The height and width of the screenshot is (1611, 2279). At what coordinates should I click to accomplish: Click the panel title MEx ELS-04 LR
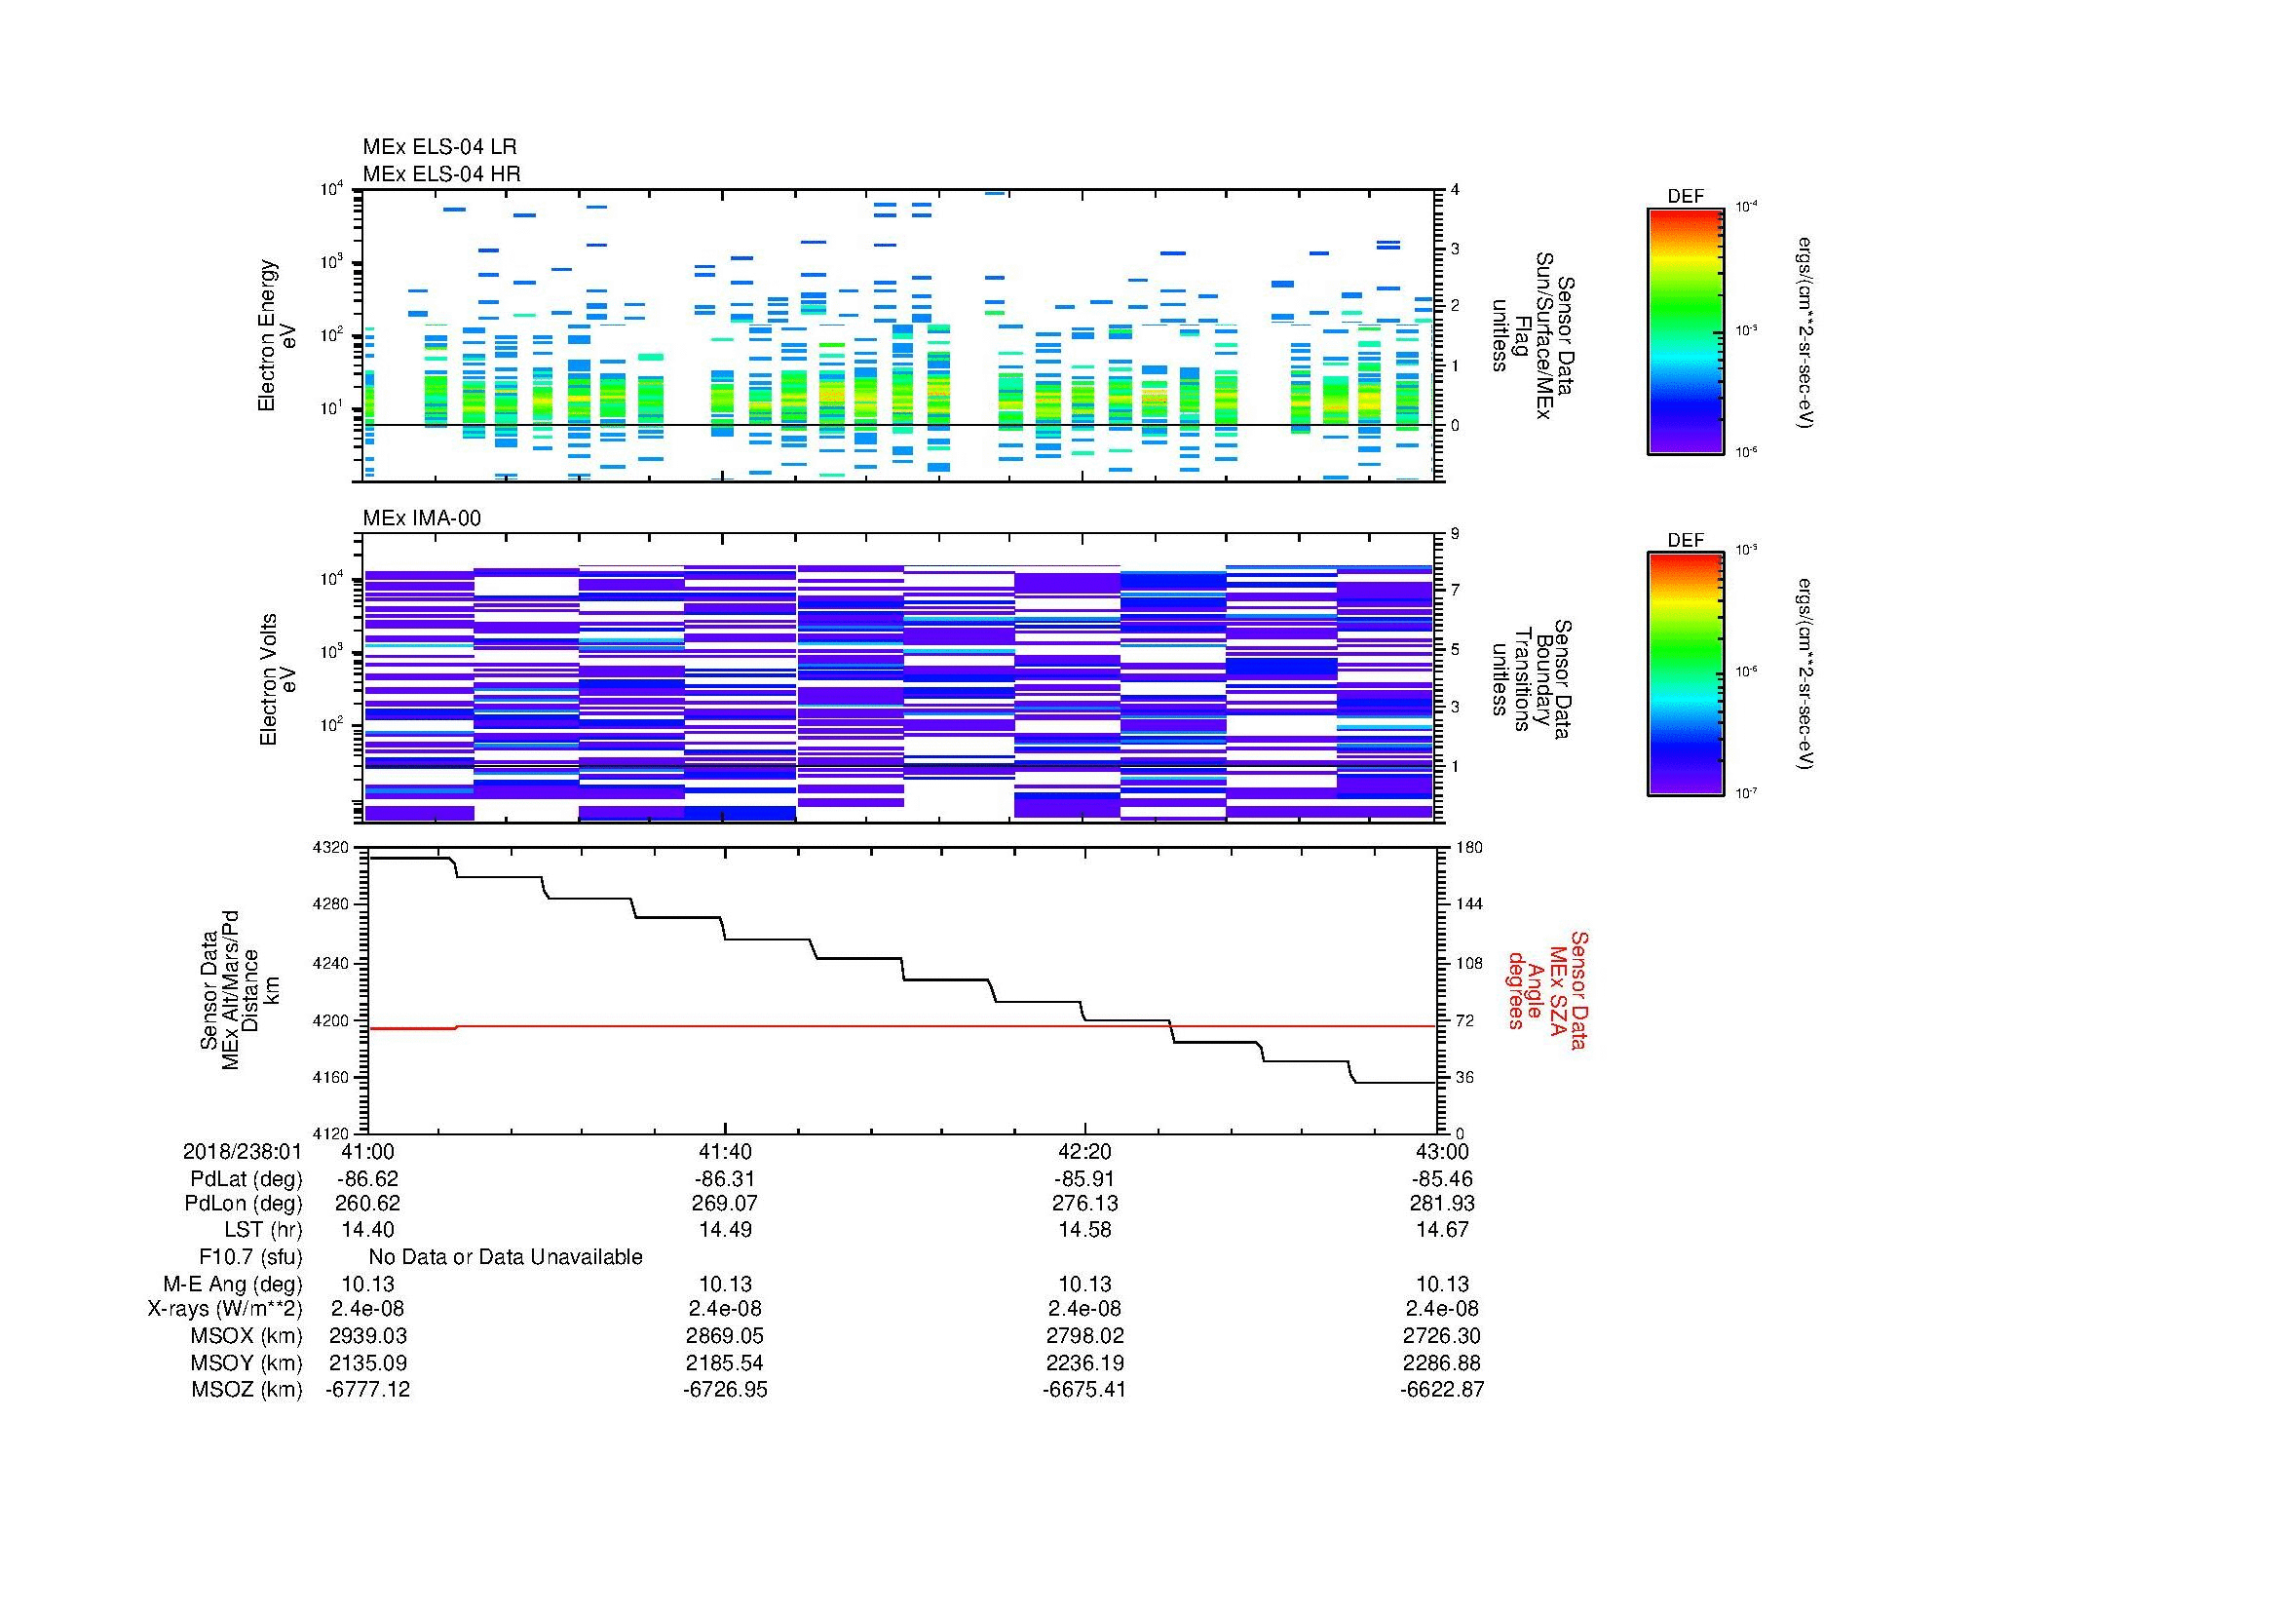[x=438, y=147]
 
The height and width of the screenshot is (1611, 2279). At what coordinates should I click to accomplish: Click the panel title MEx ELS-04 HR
[x=440, y=173]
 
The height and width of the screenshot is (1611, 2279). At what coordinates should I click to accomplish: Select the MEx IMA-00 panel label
[x=421, y=518]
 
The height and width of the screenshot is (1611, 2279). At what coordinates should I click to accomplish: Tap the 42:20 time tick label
[x=1084, y=1151]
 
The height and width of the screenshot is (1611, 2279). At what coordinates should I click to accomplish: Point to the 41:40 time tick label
[x=726, y=1151]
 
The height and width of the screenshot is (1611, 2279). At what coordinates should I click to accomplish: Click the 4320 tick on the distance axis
[x=332, y=848]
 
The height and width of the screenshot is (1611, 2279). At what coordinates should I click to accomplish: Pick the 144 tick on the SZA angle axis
[x=1468, y=904]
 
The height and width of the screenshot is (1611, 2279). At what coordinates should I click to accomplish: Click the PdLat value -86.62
[x=367, y=1179]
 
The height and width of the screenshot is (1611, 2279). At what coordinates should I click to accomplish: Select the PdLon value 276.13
[x=1084, y=1204]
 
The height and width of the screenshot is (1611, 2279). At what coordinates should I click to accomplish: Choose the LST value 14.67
[x=1441, y=1230]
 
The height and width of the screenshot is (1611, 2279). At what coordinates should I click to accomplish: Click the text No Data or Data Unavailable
[x=506, y=1257]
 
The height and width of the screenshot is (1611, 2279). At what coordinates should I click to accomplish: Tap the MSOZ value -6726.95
[x=725, y=1390]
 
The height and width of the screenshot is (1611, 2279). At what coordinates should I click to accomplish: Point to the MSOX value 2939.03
[x=367, y=1336]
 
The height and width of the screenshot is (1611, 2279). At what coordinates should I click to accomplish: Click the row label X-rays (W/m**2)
[x=224, y=1309]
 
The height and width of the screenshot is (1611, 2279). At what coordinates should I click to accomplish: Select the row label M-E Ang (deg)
[x=232, y=1285]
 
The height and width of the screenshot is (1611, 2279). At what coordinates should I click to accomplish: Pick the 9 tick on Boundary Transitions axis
[x=1455, y=534]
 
